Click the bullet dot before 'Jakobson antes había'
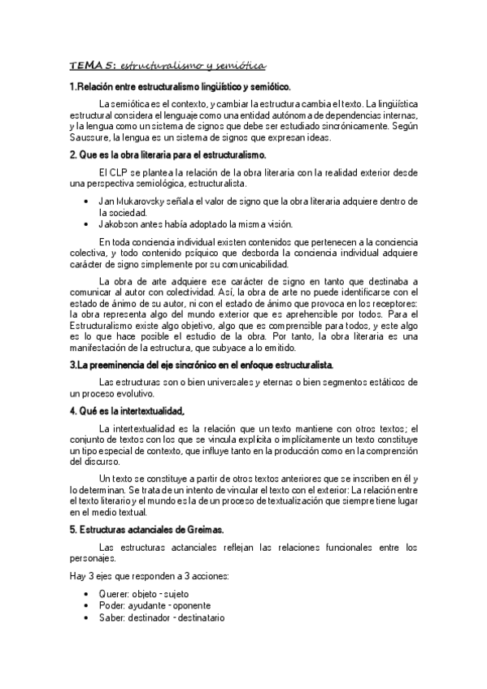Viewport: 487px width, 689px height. click(x=87, y=223)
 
